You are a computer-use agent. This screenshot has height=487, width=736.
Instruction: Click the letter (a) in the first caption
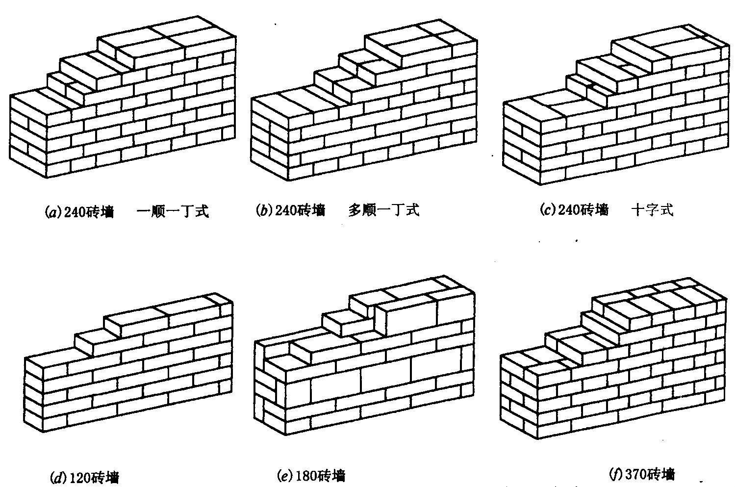51,212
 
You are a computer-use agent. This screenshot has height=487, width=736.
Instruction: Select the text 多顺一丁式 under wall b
384,210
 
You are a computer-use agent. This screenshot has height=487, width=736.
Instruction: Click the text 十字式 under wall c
653,210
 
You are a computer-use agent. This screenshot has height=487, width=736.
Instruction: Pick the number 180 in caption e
306,476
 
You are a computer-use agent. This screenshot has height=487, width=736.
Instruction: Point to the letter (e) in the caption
285,476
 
